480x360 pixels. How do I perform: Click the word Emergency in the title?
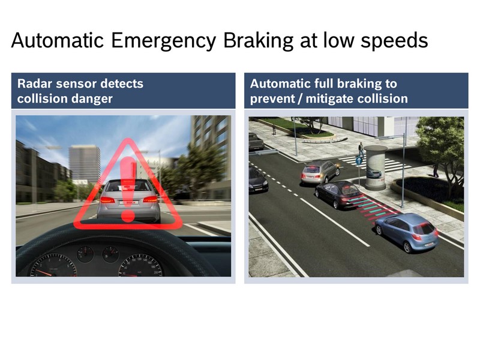tap(163, 41)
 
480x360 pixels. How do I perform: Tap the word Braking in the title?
tap(259, 41)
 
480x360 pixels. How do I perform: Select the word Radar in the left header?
tap(35, 83)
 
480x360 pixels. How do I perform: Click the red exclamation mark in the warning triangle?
tap(128, 189)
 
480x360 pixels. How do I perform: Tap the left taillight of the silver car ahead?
tap(107, 200)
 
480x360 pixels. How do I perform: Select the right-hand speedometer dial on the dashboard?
tap(140, 266)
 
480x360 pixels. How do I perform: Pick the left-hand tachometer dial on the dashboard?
tap(53, 266)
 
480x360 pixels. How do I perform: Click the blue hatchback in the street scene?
tap(407, 232)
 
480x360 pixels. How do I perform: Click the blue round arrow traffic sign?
tap(359, 160)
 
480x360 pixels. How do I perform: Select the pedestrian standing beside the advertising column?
tap(361, 149)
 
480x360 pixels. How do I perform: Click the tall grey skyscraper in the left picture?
tap(85, 164)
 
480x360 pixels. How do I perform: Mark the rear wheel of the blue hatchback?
tap(407, 247)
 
